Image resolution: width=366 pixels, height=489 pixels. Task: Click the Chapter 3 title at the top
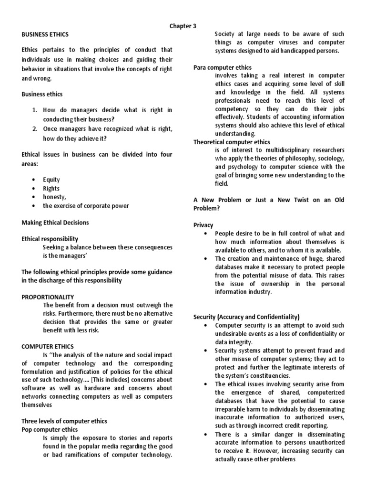point(183,26)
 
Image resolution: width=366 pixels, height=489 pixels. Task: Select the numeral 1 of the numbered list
point(35,110)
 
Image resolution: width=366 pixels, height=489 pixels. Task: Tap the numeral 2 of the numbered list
point(35,129)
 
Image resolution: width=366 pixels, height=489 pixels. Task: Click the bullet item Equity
point(51,180)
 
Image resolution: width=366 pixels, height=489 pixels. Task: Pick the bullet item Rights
point(51,188)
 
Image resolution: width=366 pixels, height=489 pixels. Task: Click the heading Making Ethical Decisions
point(55,223)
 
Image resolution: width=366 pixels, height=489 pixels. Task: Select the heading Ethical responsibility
point(50,239)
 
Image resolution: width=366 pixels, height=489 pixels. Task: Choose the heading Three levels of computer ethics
point(64,421)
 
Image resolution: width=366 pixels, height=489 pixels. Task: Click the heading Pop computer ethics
point(50,429)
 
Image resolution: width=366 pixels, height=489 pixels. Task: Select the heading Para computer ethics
point(223,67)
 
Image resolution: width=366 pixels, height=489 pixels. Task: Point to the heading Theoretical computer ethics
point(232,142)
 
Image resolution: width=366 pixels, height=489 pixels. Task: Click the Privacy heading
point(203,225)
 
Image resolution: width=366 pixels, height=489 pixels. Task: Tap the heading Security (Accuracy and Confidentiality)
point(246,317)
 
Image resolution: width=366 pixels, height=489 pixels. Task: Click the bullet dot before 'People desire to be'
point(205,234)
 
